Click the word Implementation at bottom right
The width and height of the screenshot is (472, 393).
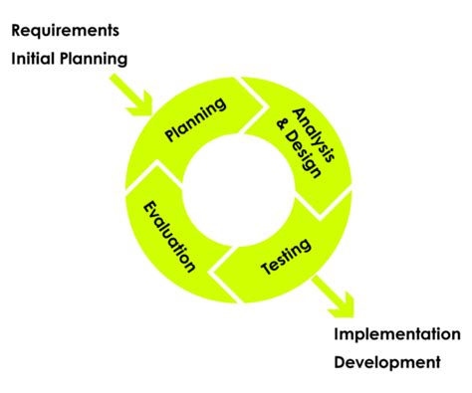(396, 333)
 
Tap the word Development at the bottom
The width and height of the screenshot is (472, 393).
(386, 362)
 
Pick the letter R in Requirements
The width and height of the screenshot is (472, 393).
(17, 29)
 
